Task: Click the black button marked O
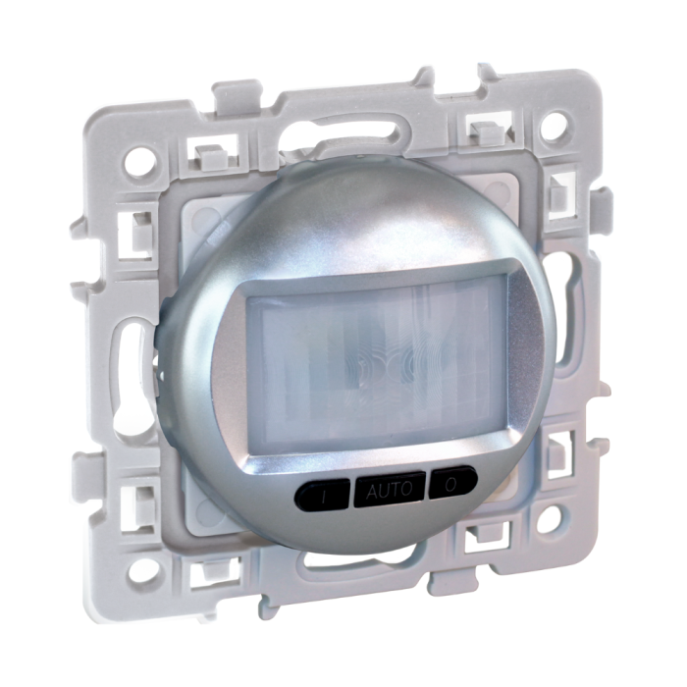tap(452, 484)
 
